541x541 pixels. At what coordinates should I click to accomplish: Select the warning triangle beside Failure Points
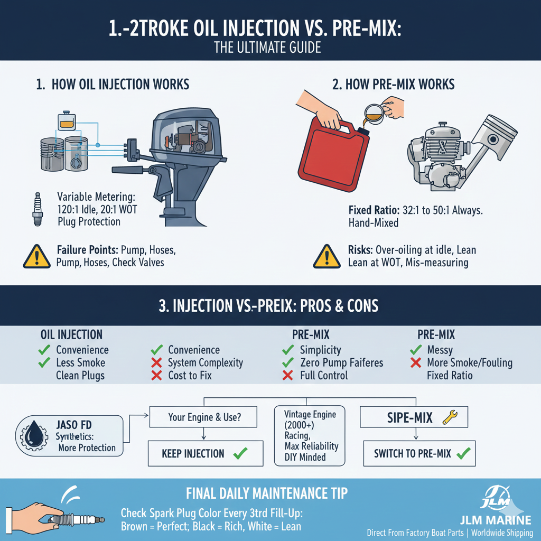[x=37, y=257]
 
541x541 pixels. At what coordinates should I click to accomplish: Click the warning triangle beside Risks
[x=327, y=257]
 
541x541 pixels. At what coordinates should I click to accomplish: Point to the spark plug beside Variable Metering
[x=38, y=209]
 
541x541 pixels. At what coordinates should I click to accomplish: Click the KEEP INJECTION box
[x=206, y=453]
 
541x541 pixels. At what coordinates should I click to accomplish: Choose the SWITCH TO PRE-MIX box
[x=419, y=453]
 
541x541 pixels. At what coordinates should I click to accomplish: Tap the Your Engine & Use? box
[x=203, y=417]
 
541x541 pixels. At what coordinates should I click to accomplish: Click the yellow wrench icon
[x=450, y=417]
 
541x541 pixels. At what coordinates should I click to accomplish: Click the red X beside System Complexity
[x=156, y=362]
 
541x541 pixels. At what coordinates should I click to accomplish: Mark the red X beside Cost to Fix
[x=156, y=376]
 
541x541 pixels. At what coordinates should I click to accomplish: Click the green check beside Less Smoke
[x=44, y=362]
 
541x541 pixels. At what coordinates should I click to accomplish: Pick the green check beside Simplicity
[x=288, y=350]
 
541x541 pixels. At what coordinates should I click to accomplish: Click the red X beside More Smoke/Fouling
[x=416, y=362]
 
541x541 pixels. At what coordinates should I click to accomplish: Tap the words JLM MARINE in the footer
[x=496, y=520]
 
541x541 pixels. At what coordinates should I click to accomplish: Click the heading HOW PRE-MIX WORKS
[x=400, y=85]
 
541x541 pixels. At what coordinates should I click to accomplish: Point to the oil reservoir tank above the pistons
[x=67, y=121]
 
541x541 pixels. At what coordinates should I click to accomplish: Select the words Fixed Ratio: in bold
[x=374, y=210]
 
